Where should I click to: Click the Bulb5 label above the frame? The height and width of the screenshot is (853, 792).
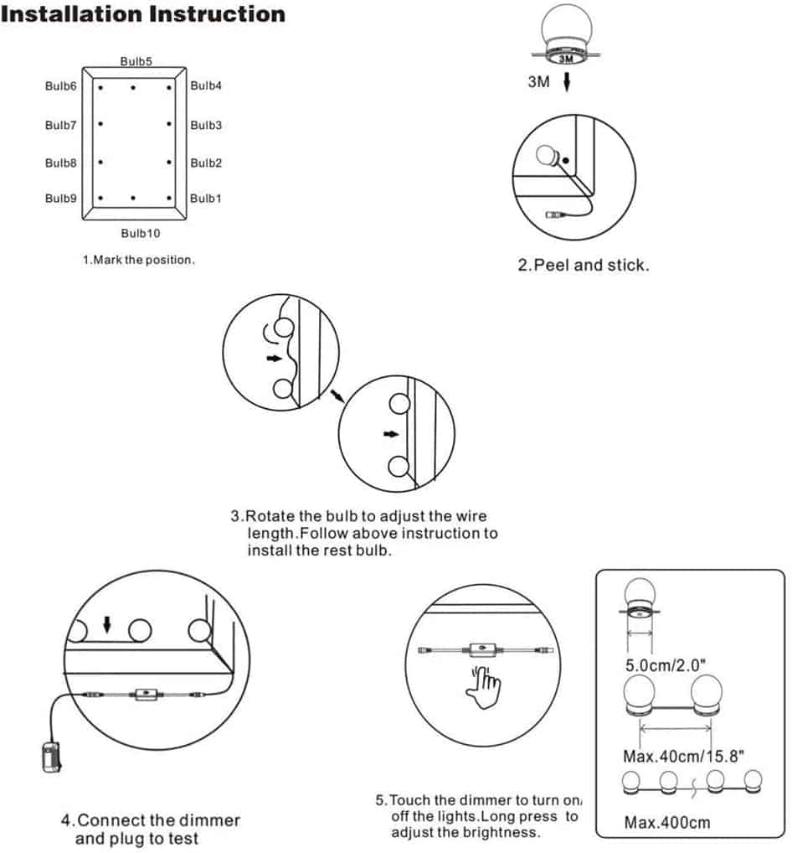(x=136, y=61)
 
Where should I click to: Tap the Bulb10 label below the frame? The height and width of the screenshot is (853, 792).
(x=140, y=233)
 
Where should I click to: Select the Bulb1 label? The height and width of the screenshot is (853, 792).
(x=206, y=199)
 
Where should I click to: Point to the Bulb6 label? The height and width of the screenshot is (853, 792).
(x=61, y=85)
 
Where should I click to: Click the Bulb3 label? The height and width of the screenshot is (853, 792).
(x=206, y=125)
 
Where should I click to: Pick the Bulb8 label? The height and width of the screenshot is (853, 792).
(x=61, y=163)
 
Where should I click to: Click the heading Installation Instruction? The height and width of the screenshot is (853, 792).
(x=143, y=14)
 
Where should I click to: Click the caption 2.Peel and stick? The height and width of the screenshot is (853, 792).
(x=583, y=265)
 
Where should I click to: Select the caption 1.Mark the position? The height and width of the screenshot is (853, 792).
(x=138, y=260)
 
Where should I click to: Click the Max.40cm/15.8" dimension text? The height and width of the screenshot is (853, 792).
(x=683, y=755)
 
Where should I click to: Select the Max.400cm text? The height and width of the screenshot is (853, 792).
(x=667, y=822)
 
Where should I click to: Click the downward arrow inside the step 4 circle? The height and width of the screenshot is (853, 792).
(x=106, y=624)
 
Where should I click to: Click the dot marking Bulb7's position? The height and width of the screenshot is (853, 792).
(x=100, y=124)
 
